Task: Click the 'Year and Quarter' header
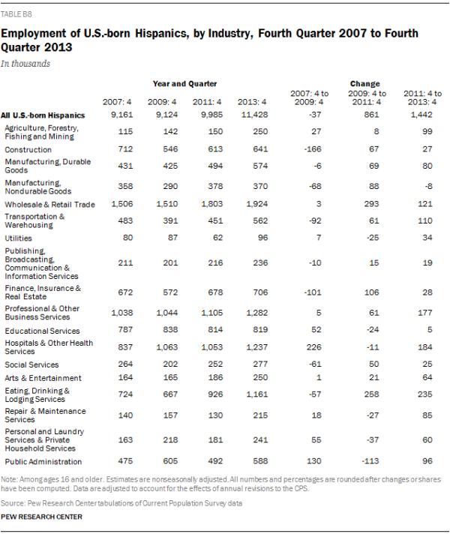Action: click(x=185, y=83)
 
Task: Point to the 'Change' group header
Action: click(x=364, y=83)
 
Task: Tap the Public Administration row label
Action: click(x=43, y=461)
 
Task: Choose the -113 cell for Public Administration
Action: click(x=364, y=461)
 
